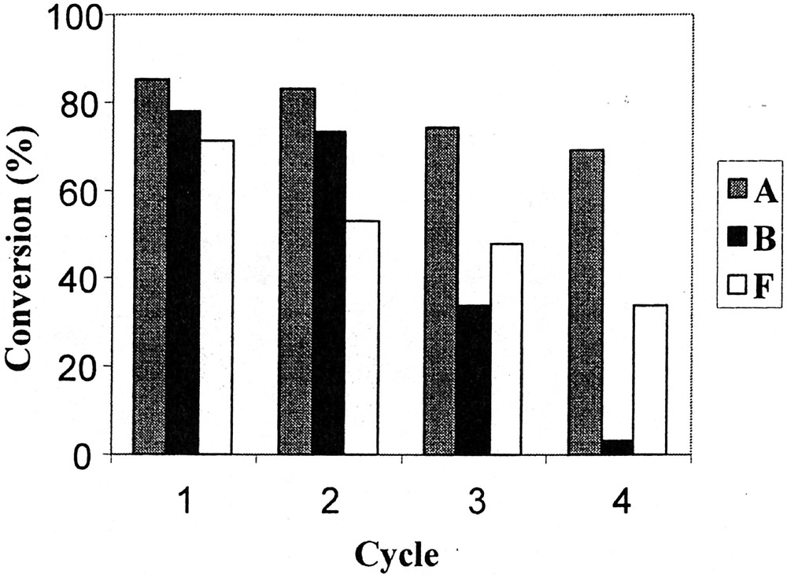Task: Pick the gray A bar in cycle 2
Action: click(x=297, y=270)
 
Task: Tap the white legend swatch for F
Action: click(x=737, y=288)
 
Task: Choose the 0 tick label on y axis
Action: click(x=93, y=454)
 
